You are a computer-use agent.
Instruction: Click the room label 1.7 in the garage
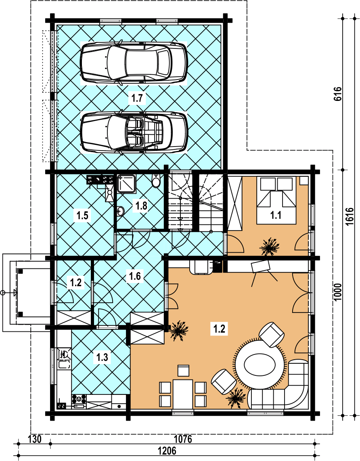coord(137,98)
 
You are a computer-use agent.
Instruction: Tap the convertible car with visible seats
coord(134,132)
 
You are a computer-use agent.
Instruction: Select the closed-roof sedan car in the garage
coord(134,63)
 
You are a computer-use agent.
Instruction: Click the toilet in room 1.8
coord(156,181)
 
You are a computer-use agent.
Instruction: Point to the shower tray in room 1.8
coord(127,184)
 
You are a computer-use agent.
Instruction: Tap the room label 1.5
coord(82,216)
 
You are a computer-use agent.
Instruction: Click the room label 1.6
coord(135,276)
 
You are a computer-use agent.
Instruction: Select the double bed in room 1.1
coord(276,201)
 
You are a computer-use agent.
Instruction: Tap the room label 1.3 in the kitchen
coord(102,358)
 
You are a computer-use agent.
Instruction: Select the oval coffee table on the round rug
coord(260,365)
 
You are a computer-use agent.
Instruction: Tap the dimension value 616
coord(338,94)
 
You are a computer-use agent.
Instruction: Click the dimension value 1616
coord(350,217)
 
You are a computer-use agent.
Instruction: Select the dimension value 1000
coord(338,292)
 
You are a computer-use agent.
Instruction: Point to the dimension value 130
coord(35,439)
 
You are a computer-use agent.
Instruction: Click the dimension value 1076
coord(183,439)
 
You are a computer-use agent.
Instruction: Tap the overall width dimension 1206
coord(167,451)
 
